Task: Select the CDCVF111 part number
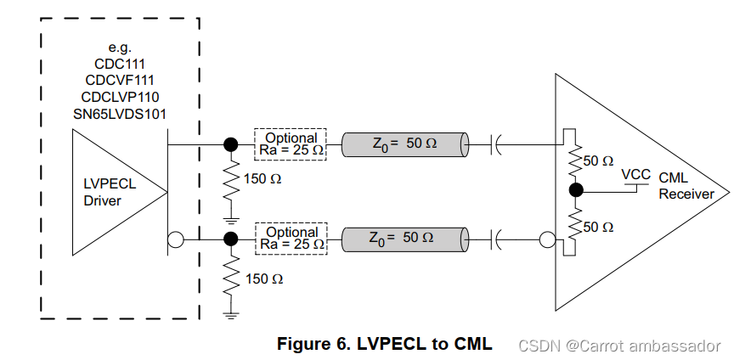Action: [x=120, y=81]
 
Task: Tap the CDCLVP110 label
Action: [x=120, y=97]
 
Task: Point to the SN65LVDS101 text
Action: [x=120, y=113]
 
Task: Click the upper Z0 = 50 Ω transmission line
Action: [x=404, y=144]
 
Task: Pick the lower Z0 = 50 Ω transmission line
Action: [x=404, y=239]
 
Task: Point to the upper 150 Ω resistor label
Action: [x=263, y=179]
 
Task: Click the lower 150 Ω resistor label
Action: [x=263, y=278]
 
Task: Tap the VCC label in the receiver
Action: [x=636, y=175]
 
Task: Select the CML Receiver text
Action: [x=686, y=186]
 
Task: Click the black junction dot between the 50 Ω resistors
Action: [x=575, y=190]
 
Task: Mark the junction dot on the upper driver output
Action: [x=229, y=144]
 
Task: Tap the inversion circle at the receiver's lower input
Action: [x=546, y=240]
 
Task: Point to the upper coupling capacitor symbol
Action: [x=496, y=144]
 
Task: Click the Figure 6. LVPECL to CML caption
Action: [x=385, y=344]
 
